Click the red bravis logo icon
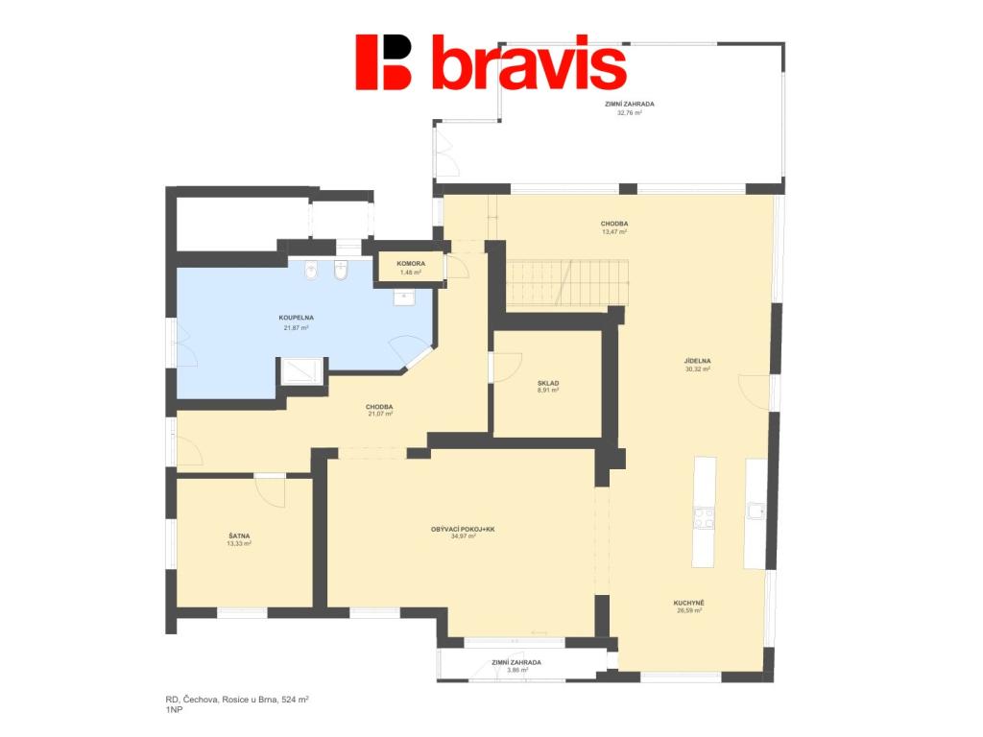tap(383, 62)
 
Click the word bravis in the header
tap(529, 61)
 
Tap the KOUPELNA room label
tap(296, 318)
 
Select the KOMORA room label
tap(411, 264)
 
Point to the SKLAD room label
tap(548, 383)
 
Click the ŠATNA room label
tap(239, 535)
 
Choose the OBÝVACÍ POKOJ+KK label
tap(463, 530)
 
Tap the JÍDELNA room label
tap(697, 361)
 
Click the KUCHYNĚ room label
tap(688, 603)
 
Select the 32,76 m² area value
tap(630, 113)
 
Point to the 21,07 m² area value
tap(380, 414)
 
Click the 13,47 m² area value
tap(614, 232)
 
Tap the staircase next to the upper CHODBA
tap(567, 283)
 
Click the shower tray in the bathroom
tap(301, 370)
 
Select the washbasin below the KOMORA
tap(404, 297)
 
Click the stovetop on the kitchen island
tap(704, 518)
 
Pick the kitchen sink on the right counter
tap(756, 511)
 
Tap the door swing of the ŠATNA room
tap(271, 492)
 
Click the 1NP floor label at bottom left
tap(174, 710)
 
